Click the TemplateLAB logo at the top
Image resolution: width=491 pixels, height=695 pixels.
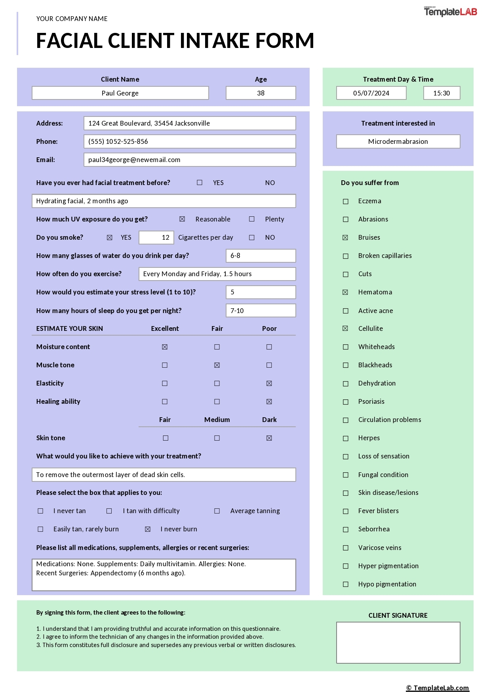point(450,12)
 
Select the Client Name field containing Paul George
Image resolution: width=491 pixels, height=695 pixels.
point(120,93)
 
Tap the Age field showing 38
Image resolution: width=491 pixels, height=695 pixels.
point(261,93)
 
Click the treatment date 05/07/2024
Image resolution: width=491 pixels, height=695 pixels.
point(371,93)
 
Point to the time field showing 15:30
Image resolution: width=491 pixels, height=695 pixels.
point(442,93)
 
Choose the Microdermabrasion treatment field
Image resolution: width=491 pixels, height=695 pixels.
point(398,141)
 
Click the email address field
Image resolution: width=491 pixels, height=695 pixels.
point(190,160)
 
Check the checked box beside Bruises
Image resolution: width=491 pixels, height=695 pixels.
point(345,238)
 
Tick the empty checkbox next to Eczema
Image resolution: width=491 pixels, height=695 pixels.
point(346,201)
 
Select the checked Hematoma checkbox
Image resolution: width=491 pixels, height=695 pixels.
point(345,292)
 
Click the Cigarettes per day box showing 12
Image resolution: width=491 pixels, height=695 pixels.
point(156,237)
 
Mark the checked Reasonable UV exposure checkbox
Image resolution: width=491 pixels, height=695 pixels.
point(182,219)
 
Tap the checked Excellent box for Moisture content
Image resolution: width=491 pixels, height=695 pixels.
point(165,347)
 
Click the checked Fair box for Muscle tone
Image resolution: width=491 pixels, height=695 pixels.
point(217,365)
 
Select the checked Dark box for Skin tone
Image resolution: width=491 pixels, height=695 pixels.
point(269,438)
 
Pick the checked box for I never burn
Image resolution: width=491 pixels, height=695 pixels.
point(148,529)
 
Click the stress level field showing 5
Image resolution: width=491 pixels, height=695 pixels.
point(261,292)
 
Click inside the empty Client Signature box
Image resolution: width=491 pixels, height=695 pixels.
point(398,642)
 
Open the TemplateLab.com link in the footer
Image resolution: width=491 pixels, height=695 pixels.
point(438,688)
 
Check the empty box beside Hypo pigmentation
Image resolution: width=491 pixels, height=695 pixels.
point(346,584)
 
